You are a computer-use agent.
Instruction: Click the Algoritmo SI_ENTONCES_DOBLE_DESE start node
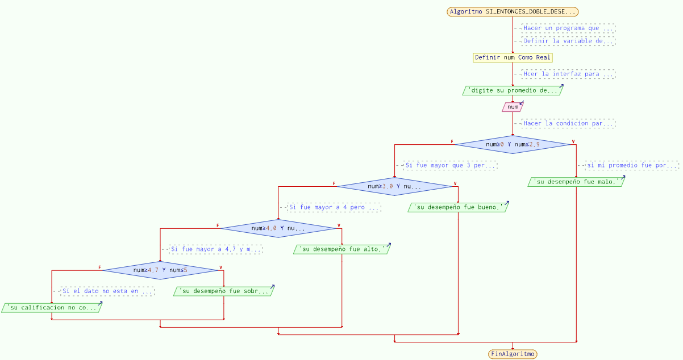pos(513,12)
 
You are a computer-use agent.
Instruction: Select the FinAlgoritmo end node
pos(513,354)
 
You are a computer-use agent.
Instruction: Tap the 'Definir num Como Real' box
pos(513,57)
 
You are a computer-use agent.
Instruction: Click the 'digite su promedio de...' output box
pos(513,90)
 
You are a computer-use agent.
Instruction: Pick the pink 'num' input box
pos(513,107)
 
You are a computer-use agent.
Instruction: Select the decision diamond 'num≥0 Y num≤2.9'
pos(513,144)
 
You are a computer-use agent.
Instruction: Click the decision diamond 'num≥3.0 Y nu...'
pos(394,186)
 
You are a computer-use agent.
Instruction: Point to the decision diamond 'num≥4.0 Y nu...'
pos(278,228)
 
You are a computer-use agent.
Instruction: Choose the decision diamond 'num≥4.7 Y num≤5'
pos(160,270)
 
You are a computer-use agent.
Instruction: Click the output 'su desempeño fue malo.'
pos(576,182)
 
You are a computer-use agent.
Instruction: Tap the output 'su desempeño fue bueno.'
pos(458,207)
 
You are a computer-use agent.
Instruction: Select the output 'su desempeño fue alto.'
pos(342,249)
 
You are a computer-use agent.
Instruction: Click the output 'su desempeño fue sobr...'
pos(224,291)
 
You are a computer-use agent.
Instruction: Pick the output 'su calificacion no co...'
pos(52,308)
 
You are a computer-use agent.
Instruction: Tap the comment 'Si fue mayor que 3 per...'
pos(450,166)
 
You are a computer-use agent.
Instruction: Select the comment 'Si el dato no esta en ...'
pos(107,291)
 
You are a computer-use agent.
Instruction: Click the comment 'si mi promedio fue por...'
pos(632,166)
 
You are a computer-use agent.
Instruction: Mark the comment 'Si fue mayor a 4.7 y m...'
pos(216,249)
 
